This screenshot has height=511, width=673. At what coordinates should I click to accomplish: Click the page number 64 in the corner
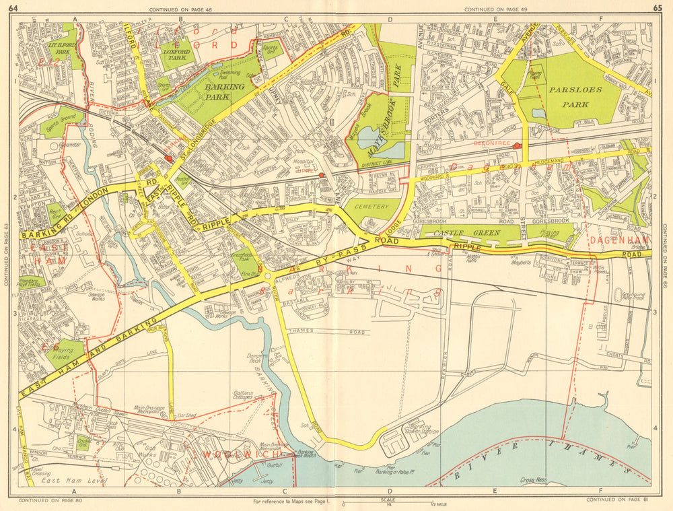point(12,8)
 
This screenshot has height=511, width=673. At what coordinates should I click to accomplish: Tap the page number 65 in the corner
point(658,8)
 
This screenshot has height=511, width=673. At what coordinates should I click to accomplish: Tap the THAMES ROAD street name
point(326,332)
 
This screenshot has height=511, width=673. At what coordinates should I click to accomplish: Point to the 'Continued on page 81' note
point(612,500)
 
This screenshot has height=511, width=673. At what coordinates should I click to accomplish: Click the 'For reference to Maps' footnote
point(289,502)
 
